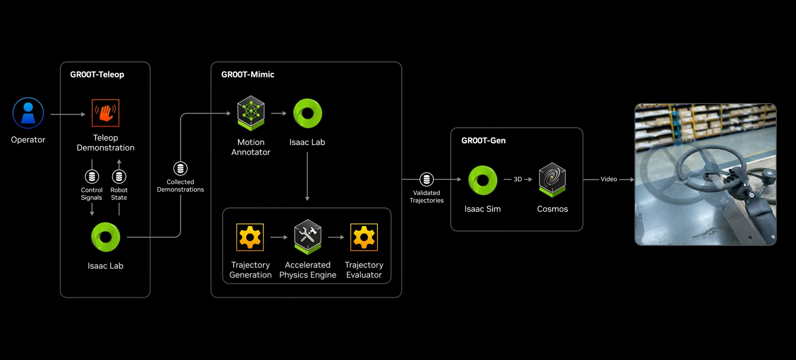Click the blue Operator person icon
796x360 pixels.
(x=28, y=113)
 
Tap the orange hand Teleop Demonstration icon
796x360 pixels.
(x=105, y=113)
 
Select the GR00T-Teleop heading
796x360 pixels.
(x=97, y=74)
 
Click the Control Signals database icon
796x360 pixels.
(x=92, y=176)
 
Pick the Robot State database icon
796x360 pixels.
(x=119, y=176)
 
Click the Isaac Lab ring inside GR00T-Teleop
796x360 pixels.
(x=105, y=237)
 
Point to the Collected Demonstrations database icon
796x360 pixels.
(x=180, y=168)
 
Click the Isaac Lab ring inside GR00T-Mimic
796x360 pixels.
(x=307, y=113)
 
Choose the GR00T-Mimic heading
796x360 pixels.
(x=247, y=74)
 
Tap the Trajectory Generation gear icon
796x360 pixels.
(x=250, y=237)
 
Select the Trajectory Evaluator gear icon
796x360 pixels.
(x=364, y=237)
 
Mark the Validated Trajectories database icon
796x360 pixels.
(x=426, y=179)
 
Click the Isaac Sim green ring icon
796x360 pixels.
(x=482, y=180)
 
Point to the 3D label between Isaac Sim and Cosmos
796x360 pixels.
(x=518, y=179)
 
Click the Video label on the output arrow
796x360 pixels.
(x=609, y=179)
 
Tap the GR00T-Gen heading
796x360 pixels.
(x=483, y=141)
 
